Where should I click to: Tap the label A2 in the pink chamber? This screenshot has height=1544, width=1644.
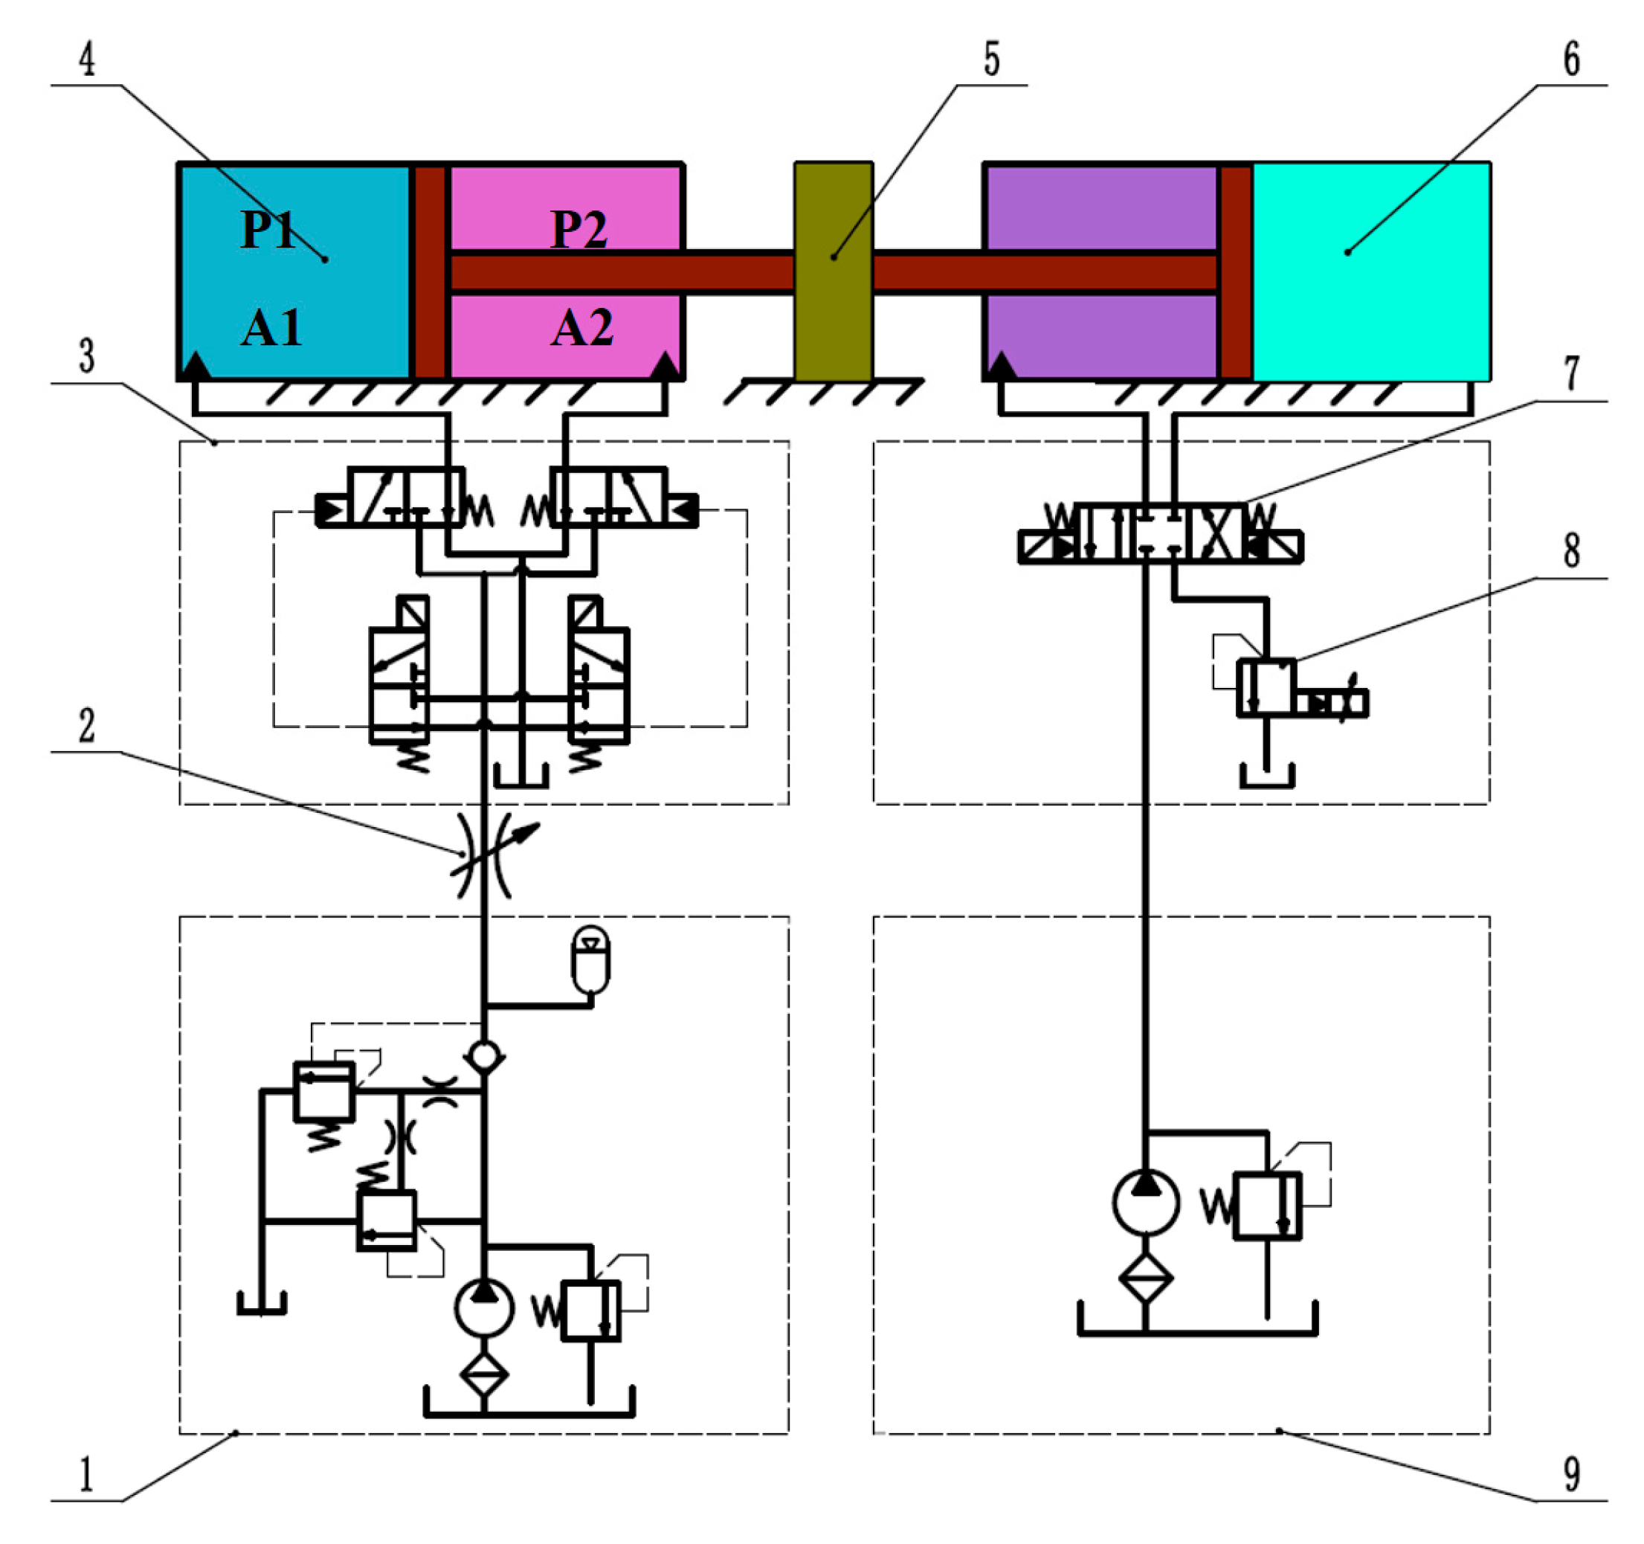(x=582, y=328)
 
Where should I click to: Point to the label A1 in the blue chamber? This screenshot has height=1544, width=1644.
(x=271, y=328)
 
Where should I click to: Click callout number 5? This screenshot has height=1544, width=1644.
(x=991, y=59)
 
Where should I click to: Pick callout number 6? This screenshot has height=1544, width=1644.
(x=1571, y=59)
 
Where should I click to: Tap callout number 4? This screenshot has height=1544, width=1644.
(x=87, y=59)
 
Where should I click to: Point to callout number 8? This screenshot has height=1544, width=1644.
(x=1571, y=550)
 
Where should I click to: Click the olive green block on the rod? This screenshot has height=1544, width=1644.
(x=833, y=271)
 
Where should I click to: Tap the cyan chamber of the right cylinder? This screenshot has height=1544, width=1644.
(x=1371, y=271)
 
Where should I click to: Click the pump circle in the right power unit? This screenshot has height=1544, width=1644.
(x=1145, y=1202)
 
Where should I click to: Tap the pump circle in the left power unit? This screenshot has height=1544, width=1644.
(x=485, y=1307)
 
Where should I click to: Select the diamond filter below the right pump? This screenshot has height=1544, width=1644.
(x=1145, y=1278)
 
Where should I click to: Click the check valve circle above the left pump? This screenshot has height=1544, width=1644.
(x=485, y=1055)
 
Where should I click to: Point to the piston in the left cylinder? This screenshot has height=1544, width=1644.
(x=429, y=271)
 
